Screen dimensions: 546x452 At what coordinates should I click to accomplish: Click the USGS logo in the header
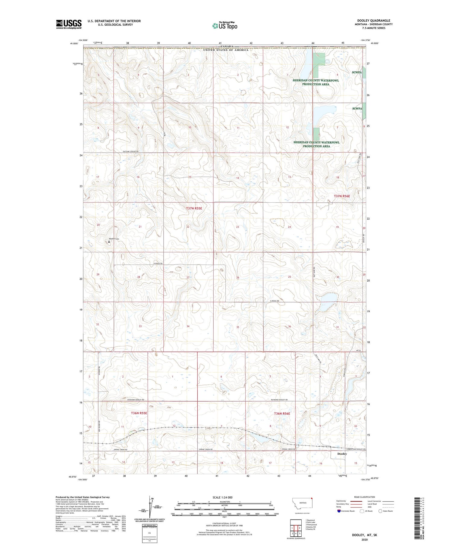69,24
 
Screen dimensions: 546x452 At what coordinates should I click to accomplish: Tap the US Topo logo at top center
224,26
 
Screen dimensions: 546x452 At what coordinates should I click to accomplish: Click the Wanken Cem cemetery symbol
109,242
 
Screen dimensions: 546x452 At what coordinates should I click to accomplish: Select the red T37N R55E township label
194,208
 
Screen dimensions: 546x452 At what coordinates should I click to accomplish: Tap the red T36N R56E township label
282,413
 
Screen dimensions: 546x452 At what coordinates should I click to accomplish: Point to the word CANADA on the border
227,47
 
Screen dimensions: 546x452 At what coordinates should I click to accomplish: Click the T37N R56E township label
342,196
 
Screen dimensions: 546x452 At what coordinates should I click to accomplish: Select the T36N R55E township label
139,413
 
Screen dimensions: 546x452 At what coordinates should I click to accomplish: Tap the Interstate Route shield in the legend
339,511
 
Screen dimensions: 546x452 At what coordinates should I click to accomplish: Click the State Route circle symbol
380,511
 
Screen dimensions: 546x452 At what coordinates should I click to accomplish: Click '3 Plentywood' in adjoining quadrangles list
311,525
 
